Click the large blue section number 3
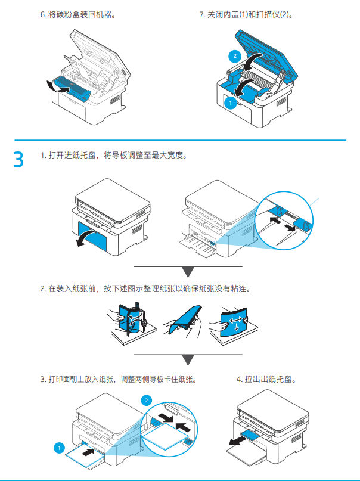click(x=19, y=160)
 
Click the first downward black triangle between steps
click(x=188, y=272)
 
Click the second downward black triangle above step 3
click(x=188, y=360)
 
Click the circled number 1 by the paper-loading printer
click(x=58, y=447)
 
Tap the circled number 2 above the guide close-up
click(x=147, y=400)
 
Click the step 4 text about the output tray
click(x=266, y=378)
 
